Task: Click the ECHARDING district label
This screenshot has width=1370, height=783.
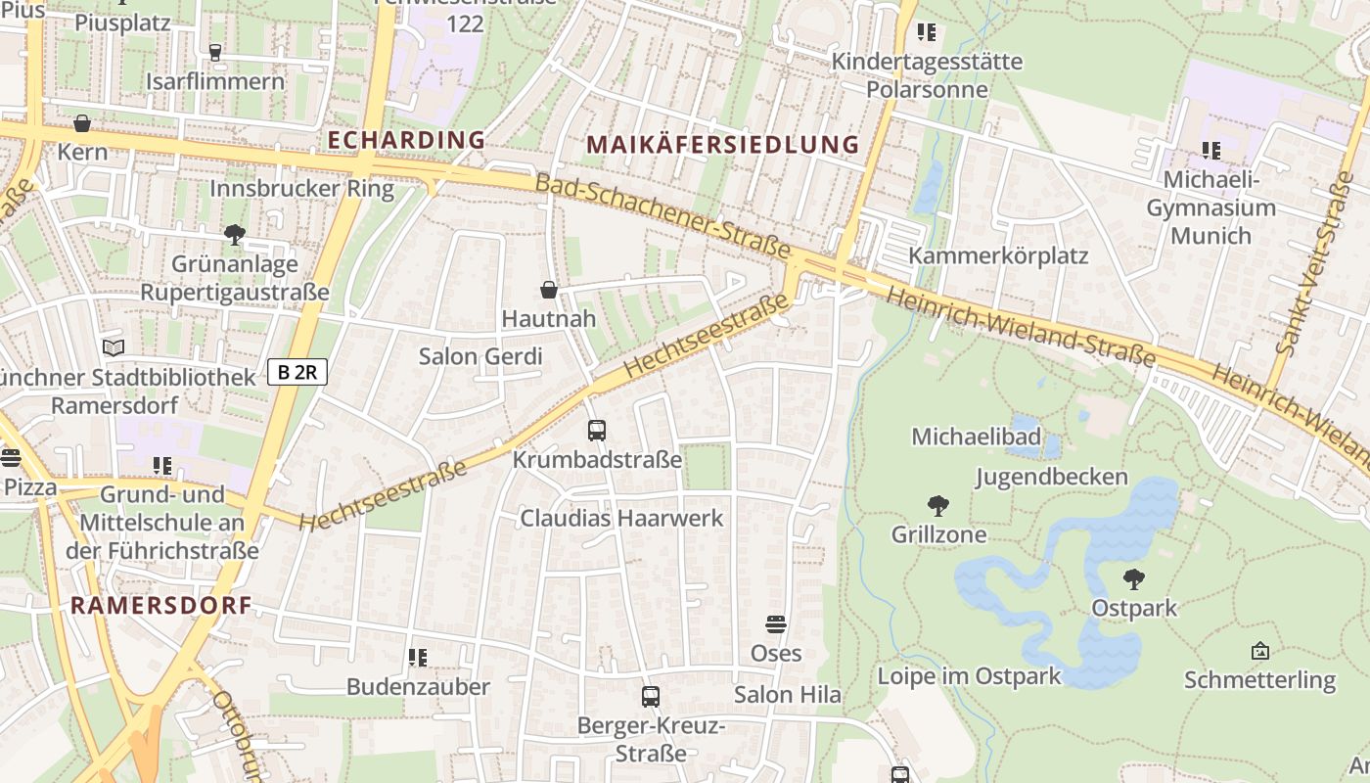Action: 406,140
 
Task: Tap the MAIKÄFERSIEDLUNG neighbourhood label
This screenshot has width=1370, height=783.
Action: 722,145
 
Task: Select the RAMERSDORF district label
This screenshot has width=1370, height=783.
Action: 161,605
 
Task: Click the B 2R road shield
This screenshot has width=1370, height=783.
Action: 297,372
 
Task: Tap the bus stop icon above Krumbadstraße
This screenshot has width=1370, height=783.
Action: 596,430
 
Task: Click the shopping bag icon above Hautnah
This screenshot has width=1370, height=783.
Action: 549,290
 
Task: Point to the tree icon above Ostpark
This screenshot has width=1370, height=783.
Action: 1134,579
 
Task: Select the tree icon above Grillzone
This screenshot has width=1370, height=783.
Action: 938,506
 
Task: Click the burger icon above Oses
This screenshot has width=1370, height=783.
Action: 776,624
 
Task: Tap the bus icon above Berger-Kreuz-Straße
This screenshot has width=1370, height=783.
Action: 651,696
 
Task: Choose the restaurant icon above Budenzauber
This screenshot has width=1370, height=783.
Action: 418,658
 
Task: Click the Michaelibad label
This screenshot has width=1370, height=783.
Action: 976,437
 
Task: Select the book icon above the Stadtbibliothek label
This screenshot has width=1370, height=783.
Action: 114,347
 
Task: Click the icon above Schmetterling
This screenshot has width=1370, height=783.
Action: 1259,651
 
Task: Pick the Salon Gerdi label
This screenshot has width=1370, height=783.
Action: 480,356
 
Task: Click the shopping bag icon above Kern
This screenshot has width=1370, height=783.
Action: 82,124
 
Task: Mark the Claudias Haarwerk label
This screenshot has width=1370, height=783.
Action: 621,518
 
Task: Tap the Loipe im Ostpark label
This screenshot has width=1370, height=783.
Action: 969,676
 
